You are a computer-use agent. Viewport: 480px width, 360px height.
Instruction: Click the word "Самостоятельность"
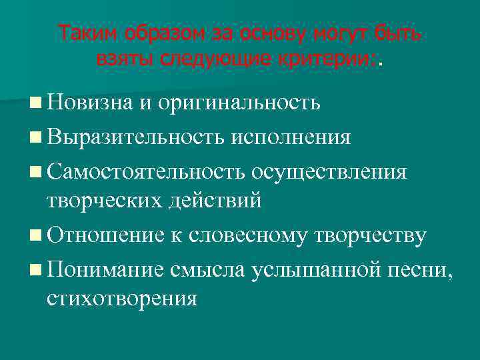point(145,171)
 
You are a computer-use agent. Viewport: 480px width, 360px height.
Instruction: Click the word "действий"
point(216,200)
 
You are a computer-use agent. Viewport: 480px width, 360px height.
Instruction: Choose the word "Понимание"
point(107,269)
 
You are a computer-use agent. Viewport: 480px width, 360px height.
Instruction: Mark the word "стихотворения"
point(122,298)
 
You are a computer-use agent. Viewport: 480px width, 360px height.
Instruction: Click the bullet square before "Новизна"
point(35,104)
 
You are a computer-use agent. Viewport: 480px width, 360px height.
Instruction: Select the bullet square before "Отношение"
point(35,235)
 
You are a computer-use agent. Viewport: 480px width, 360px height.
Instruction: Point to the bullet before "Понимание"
point(35,269)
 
